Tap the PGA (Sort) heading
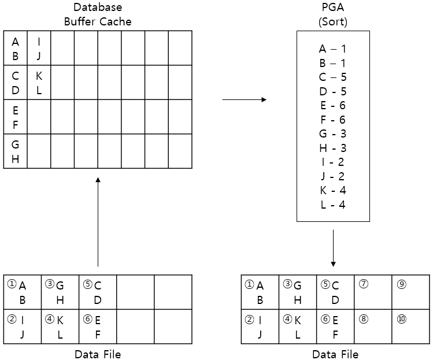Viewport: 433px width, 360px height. (333, 15)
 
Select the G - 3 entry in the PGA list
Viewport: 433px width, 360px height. (332, 133)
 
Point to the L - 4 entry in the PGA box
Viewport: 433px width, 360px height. (332, 204)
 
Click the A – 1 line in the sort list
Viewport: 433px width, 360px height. (332, 49)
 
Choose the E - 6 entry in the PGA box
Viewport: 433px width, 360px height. (332, 105)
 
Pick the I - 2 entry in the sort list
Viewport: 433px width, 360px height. (332, 162)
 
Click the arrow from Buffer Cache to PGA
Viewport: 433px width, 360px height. (244, 100)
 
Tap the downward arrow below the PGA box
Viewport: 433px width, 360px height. (334, 248)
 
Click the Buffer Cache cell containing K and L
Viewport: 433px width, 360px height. (39, 83)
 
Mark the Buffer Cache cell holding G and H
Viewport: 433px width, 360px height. (15, 151)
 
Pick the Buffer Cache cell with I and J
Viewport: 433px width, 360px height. (39, 49)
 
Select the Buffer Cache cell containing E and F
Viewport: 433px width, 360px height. (15, 117)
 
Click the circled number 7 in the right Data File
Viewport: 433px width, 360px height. (363, 284)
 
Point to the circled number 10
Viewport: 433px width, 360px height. (401, 318)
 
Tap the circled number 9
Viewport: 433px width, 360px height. (401, 284)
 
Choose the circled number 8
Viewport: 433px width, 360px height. (363, 318)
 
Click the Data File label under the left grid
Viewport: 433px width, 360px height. (98, 354)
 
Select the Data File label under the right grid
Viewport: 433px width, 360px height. (335, 354)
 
